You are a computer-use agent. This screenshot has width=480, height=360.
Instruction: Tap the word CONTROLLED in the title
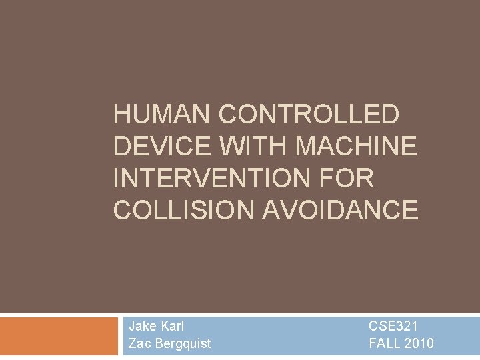click(x=309, y=115)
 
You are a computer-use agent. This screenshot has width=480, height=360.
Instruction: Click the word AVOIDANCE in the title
click(x=340, y=210)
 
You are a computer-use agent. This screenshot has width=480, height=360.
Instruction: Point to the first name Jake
click(x=143, y=326)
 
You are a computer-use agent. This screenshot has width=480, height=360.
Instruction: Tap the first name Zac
click(x=139, y=343)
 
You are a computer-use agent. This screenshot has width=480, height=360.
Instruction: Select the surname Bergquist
click(x=182, y=344)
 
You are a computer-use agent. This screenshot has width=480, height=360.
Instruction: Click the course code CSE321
click(x=393, y=326)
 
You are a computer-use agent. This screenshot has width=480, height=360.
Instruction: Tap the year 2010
click(x=419, y=343)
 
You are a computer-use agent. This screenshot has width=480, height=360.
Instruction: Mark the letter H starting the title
click(x=121, y=115)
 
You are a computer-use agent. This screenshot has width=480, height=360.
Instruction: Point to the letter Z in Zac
click(x=132, y=343)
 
